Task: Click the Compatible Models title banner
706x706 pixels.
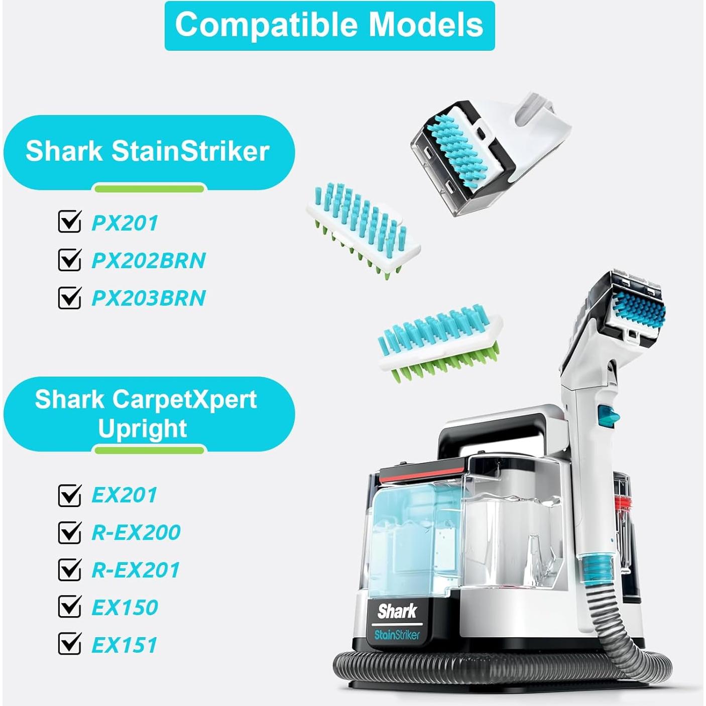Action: coord(329,25)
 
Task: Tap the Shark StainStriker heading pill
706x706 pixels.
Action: coord(148,152)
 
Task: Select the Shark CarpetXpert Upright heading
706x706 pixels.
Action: coord(148,414)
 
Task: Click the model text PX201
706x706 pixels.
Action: coord(125,223)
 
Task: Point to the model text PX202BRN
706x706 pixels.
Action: coord(149,261)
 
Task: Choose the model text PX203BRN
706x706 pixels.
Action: coord(149,298)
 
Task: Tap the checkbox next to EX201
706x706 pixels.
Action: coord(69,495)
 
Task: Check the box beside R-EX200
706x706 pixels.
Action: coord(69,532)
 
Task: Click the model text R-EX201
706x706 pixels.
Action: coord(136,570)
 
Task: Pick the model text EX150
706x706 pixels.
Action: coord(125,608)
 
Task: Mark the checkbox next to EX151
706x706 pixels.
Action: coord(69,644)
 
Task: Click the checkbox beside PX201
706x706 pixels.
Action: coord(69,222)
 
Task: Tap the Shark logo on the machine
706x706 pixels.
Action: coord(397,612)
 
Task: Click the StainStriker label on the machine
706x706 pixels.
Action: coord(397,635)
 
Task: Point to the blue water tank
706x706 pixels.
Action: coord(412,532)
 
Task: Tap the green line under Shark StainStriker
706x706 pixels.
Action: coord(149,189)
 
